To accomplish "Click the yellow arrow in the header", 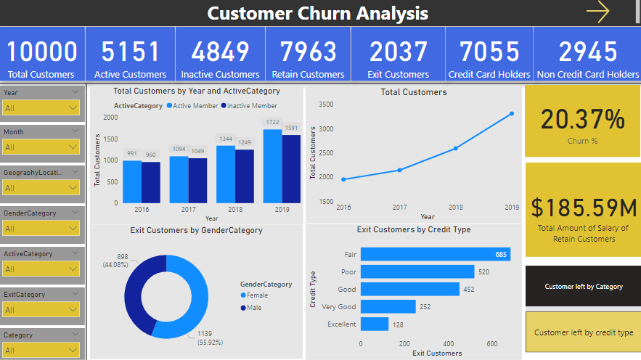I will point(597,12).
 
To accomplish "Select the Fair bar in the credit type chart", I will point(435,254).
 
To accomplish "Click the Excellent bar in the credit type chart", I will point(375,324).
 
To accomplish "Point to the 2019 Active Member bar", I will point(272,166).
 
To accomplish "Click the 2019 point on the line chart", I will point(512,113).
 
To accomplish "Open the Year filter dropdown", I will point(41,108).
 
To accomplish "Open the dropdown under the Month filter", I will point(41,147).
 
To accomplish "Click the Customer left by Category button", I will point(584,287).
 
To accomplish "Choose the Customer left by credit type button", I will point(584,332).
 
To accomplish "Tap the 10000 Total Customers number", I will point(42,52).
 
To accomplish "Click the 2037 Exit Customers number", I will point(398,52).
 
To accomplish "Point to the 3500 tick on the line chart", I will point(326,105).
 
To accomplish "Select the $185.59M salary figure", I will point(584,208).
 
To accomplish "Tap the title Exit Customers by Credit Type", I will point(414,229).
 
